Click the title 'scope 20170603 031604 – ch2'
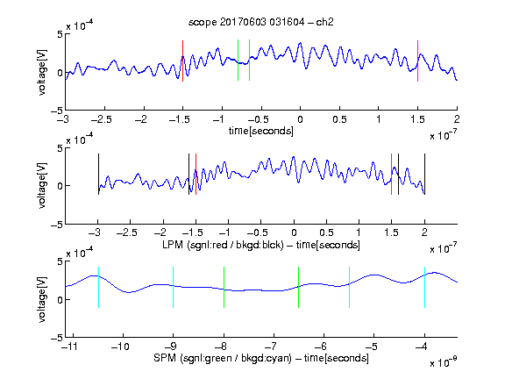(x=260, y=22)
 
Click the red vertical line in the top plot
(x=182, y=61)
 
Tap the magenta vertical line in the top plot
(x=417, y=61)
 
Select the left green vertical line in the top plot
(x=238, y=61)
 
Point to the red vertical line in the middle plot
(x=196, y=174)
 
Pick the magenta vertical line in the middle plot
(x=391, y=174)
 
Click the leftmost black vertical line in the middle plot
(x=98, y=174)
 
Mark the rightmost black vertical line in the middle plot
(x=424, y=174)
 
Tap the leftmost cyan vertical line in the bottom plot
(x=98, y=287)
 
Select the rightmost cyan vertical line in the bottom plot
(x=424, y=287)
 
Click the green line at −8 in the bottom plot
(x=224, y=287)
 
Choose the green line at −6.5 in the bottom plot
(x=299, y=287)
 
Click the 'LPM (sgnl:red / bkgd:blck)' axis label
(x=223, y=245)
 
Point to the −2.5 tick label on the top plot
(x=102, y=119)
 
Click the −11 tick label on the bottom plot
(x=70, y=347)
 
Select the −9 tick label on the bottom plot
(x=170, y=347)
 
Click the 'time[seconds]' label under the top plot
(x=261, y=132)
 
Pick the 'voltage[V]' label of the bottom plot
(x=42, y=299)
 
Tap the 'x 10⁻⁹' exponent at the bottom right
(x=443, y=362)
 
